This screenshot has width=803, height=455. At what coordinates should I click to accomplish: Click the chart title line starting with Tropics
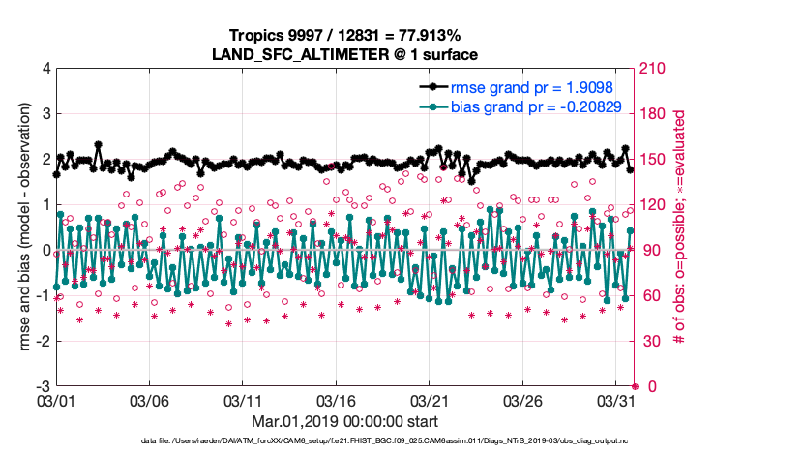(x=346, y=36)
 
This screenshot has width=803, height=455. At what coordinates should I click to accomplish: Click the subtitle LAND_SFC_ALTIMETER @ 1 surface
(x=346, y=54)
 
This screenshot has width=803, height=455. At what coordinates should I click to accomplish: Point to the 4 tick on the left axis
(x=46, y=69)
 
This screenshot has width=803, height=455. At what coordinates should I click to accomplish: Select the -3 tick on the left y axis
(x=44, y=386)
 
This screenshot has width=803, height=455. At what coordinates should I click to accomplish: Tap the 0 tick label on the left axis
(x=46, y=251)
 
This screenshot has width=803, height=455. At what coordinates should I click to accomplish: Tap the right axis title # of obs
(x=680, y=227)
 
